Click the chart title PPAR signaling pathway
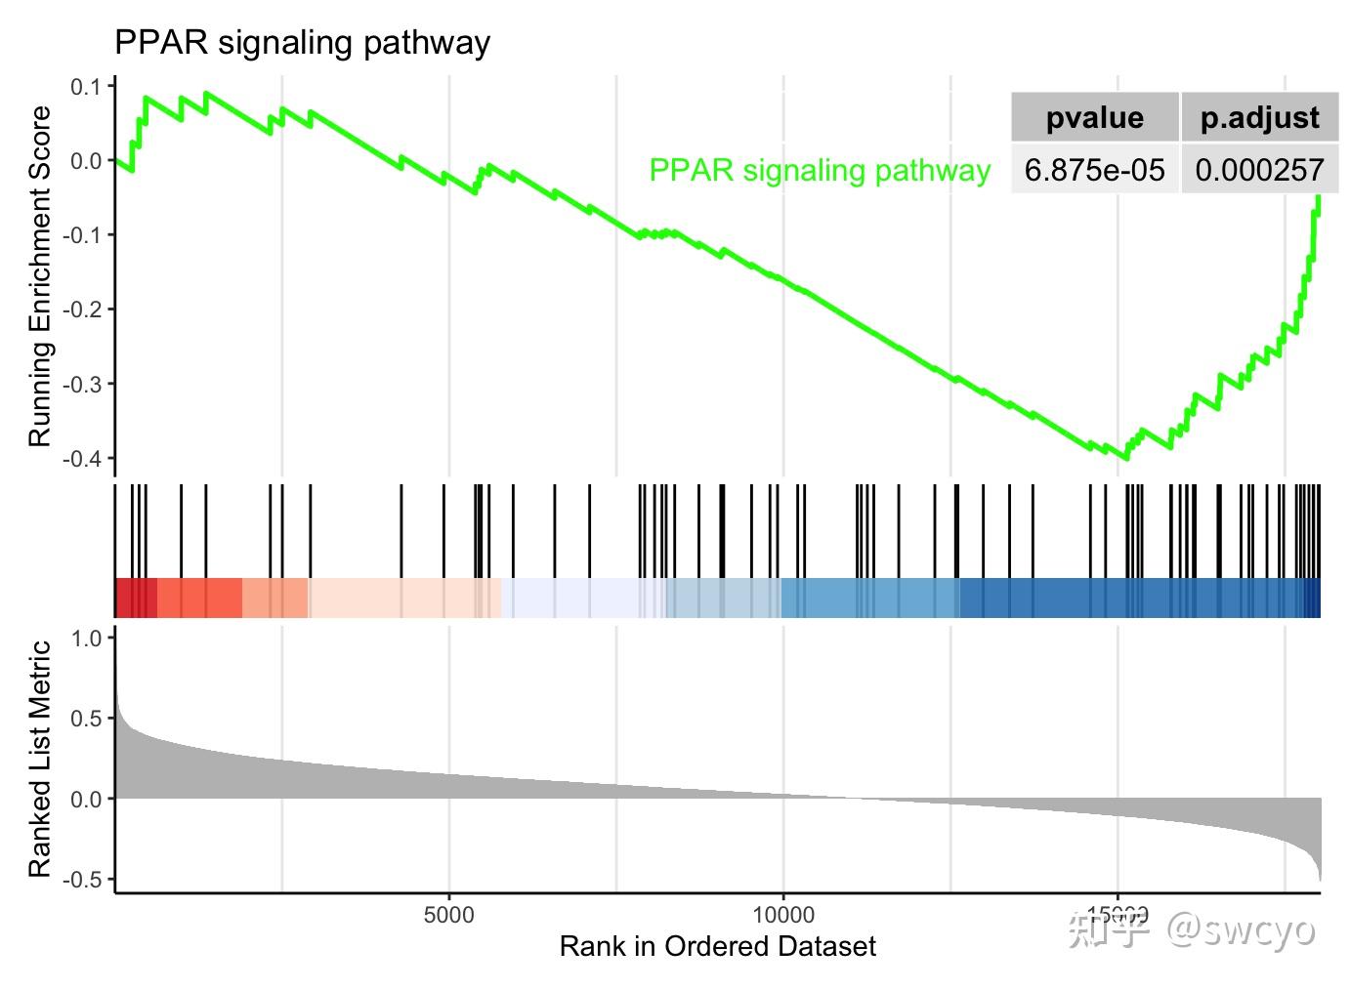click(x=302, y=43)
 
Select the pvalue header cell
click(x=1094, y=118)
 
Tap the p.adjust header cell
click(x=1259, y=118)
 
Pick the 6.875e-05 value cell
click(x=1094, y=170)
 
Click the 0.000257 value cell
click(x=1259, y=170)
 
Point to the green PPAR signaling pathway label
click(x=820, y=170)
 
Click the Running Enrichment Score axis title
click(x=39, y=276)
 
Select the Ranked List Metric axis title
click(x=39, y=759)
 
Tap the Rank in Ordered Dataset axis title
click(x=717, y=946)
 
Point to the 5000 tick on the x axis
click(x=449, y=915)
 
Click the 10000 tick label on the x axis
click(x=783, y=915)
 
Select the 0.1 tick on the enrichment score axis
click(x=86, y=87)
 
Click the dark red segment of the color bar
click(x=135, y=598)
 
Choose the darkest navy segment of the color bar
click(x=1313, y=598)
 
